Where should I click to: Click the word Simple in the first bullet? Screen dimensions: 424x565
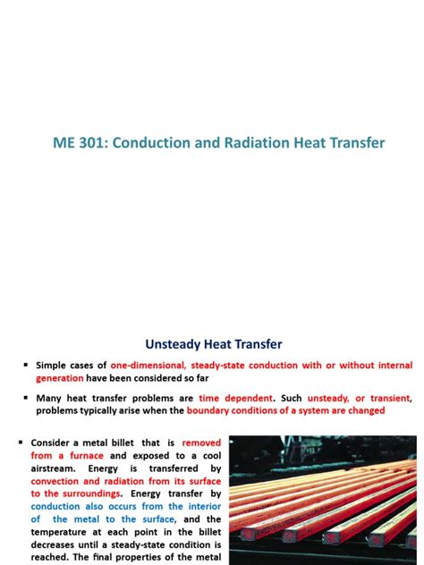[54, 366]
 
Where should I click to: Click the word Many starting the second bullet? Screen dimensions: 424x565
[51, 399]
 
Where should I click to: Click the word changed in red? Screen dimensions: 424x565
[363, 410]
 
